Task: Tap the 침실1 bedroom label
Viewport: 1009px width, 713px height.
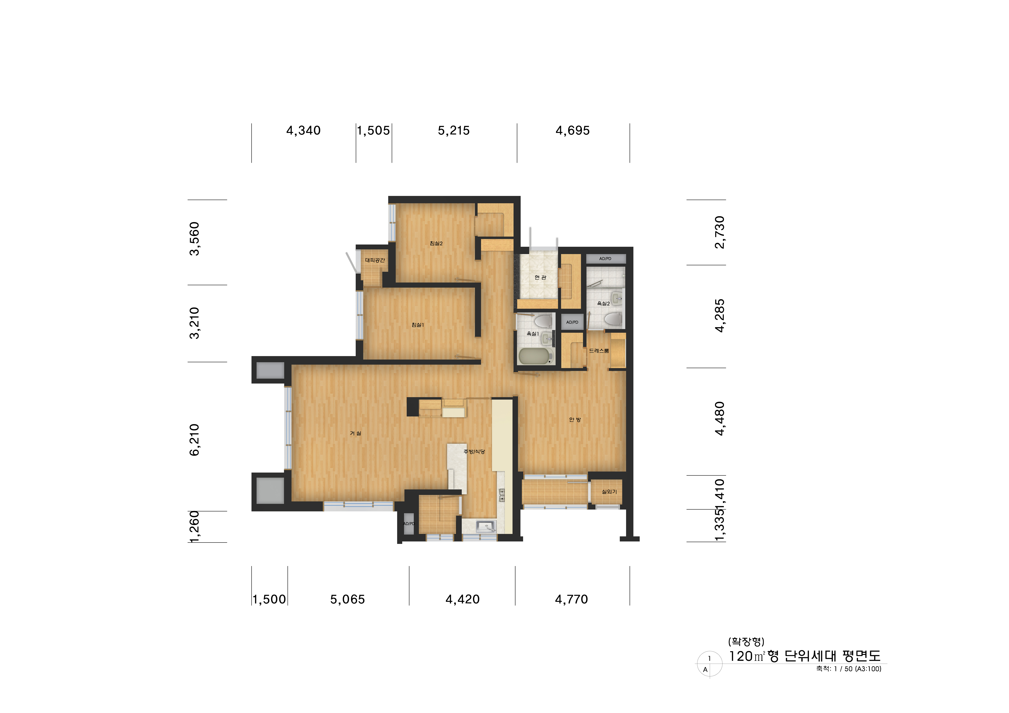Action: (x=417, y=325)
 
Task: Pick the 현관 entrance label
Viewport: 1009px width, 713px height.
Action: (x=540, y=277)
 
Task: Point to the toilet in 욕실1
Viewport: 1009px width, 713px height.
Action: (x=543, y=321)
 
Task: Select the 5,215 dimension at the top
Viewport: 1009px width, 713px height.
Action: (x=454, y=130)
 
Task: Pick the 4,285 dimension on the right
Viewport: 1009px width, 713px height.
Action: (x=719, y=316)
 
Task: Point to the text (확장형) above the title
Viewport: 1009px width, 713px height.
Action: (x=746, y=641)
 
